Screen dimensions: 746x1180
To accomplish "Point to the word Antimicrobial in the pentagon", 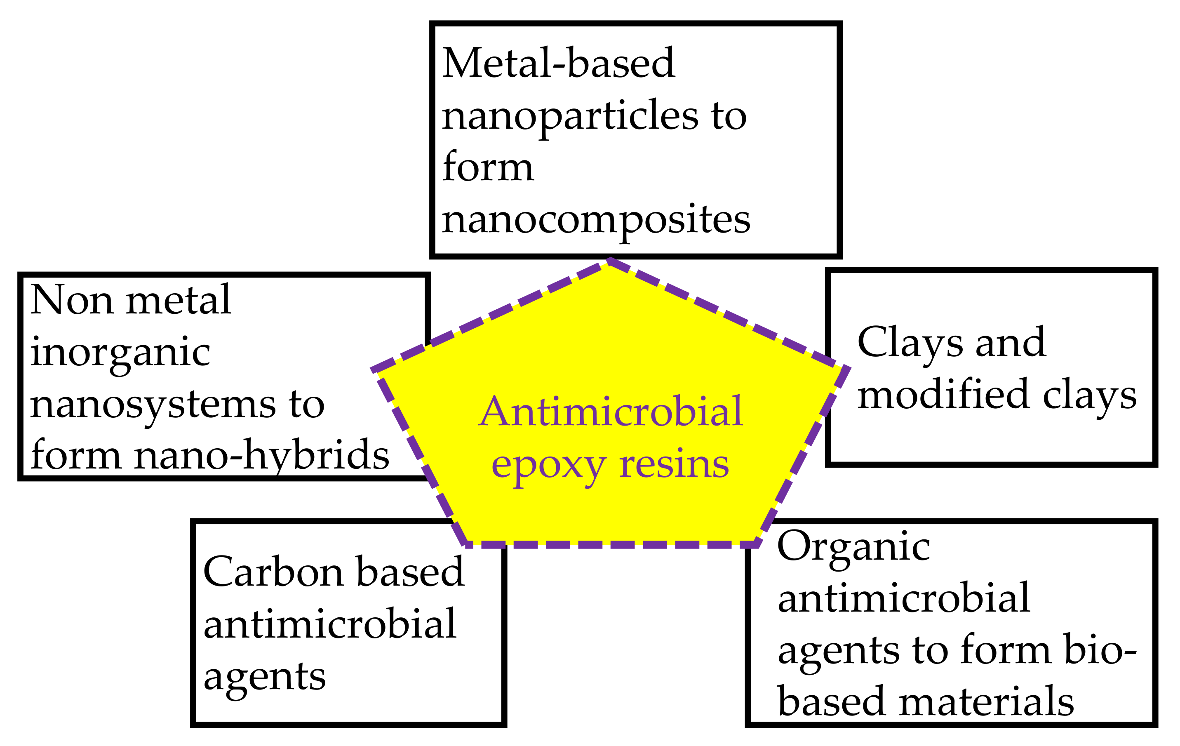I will tap(611, 412).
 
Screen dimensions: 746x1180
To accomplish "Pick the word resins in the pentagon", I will tap(674, 464).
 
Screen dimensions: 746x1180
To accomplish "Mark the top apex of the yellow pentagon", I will tap(609, 262).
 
